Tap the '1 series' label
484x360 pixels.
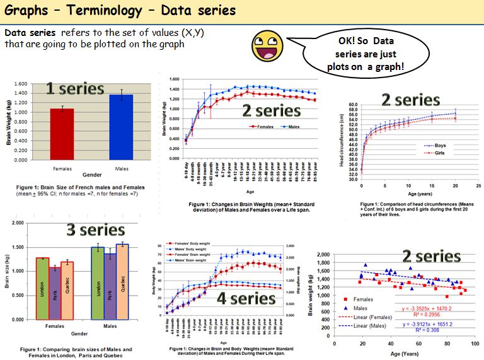pyautogui.click(x=76, y=90)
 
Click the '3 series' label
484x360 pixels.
pyautogui.click(x=96, y=230)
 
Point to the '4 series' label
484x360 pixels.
pyautogui.click(x=246, y=298)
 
